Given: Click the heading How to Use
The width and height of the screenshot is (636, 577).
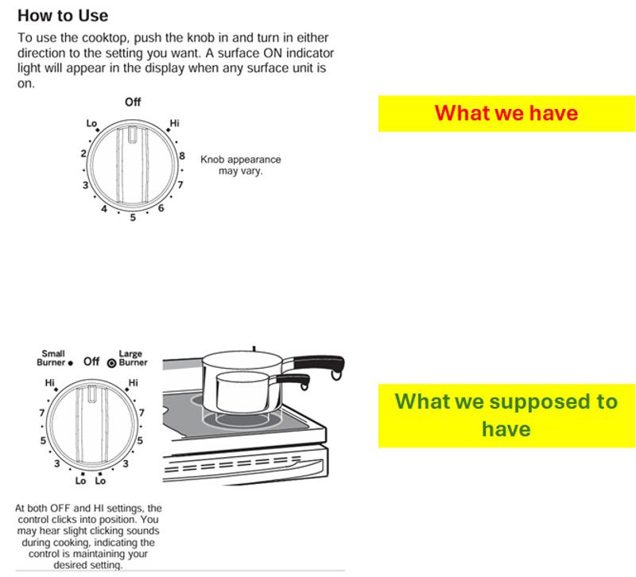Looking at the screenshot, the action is pyautogui.click(x=63, y=16).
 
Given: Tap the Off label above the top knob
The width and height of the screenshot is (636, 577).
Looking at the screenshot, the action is pyautogui.click(x=133, y=102).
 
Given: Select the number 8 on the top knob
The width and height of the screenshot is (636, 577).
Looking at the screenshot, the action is pyautogui.click(x=182, y=156).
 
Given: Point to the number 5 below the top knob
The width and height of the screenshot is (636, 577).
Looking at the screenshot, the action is pyautogui.click(x=133, y=217).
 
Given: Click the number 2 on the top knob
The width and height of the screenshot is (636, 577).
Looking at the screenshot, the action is pyautogui.click(x=83, y=153).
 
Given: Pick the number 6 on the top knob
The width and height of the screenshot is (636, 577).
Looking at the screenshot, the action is pyautogui.click(x=161, y=208).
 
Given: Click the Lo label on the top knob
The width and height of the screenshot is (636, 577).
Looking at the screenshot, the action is pyautogui.click(x=91, y=123).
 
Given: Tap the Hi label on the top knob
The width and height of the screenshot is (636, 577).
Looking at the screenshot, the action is pyautogui.click(x=174, y=123).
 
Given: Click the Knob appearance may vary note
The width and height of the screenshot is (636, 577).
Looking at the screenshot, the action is pyautogui.click(x=241, y=165).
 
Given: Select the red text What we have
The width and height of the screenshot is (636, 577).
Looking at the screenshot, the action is pyautogui.click(x=506, y=113).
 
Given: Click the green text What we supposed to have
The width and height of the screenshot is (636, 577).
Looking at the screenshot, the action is pyautogui.click(x=506, y=415).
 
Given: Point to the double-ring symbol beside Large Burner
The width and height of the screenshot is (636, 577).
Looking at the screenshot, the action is pyautogui.click(x=111, y=363).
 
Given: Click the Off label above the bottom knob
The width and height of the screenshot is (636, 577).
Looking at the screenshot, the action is pyautogui.click(x=91, y=362).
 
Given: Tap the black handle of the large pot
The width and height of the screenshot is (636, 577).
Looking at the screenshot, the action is pyautogui.click(x=320, y=363).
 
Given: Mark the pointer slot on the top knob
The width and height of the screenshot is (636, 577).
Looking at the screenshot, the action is pyautogui.click(x=133, y=135).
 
